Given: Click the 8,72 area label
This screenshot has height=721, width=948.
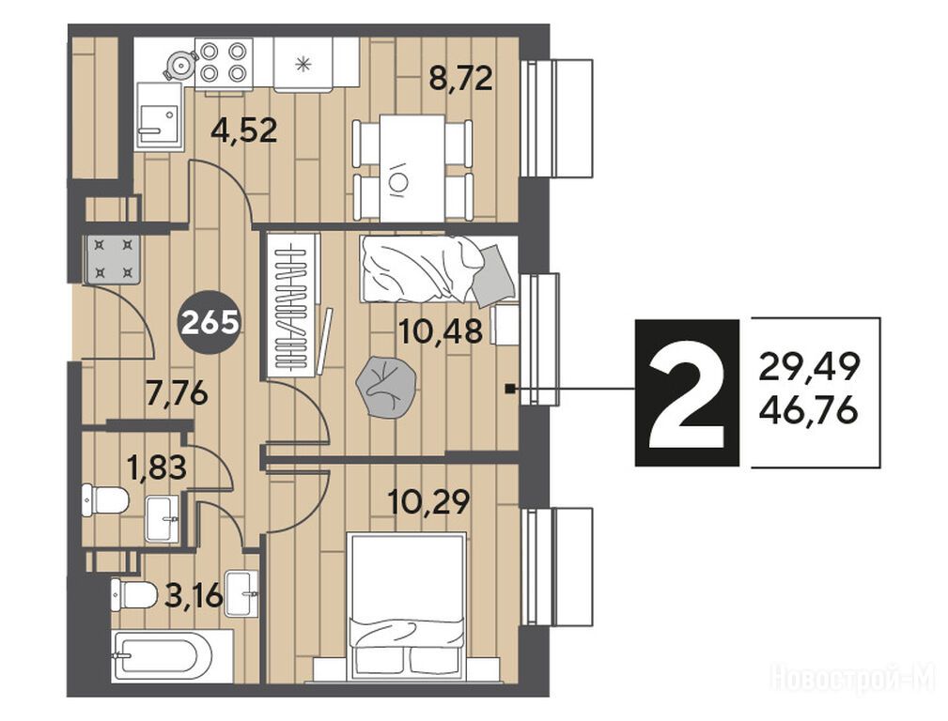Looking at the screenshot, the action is tap(460, 78).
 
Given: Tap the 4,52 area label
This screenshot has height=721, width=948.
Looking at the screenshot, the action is tap(244, 130).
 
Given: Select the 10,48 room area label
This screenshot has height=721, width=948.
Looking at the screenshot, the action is tap(441, 331).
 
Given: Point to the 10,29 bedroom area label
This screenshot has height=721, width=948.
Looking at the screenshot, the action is tap(428, 501).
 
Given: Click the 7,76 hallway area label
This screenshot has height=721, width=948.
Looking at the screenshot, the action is tap(178, 394).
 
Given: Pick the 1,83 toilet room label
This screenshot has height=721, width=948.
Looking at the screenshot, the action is tap(156, 468).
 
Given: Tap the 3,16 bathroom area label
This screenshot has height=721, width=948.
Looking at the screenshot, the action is tap(194, 596).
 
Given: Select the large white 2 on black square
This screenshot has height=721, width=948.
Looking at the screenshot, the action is tap(687, 392).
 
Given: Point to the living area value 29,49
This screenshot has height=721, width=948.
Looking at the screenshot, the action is tap(809, 367).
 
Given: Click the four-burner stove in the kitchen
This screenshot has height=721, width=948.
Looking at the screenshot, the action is tap(224, 61).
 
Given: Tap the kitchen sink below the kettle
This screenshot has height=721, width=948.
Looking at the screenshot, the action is tap(159, 115).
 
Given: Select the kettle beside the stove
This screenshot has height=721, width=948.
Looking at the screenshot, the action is tap(179, 64).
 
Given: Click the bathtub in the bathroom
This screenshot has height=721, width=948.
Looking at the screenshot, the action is tap(161, 657).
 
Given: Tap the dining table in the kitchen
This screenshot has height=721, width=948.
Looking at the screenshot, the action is tap(412, 167).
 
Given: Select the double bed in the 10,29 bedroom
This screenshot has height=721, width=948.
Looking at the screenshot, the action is tap(408, 606).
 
